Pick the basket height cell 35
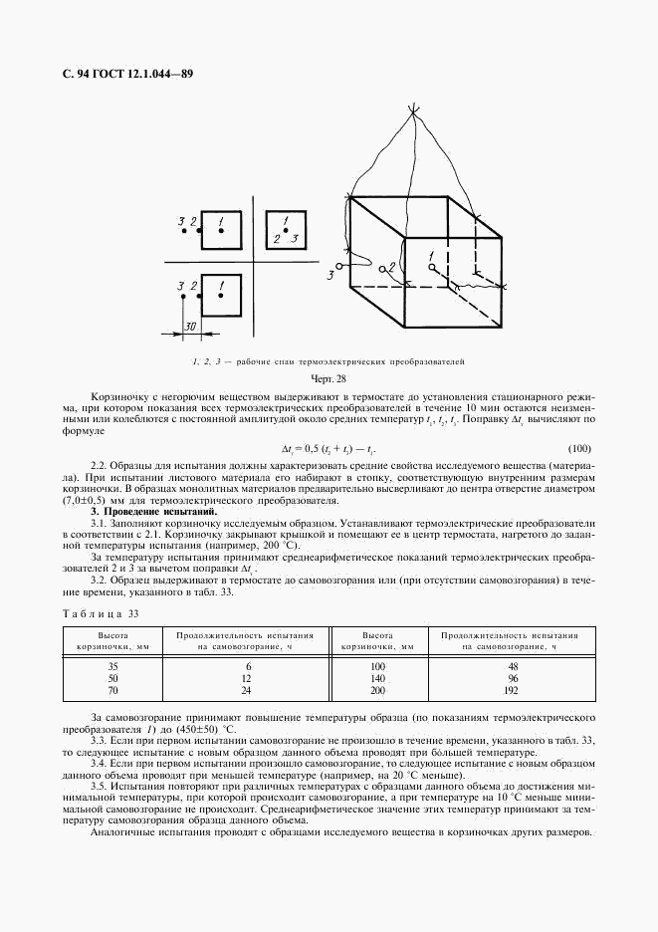tap(112, 665)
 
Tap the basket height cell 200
tap(377, 688)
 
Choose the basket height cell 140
tap(377, 677)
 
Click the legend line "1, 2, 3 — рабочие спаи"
tap(329, 360)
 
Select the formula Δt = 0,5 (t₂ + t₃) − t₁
tap(328, 448)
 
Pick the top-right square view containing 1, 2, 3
tap(285, 229)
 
